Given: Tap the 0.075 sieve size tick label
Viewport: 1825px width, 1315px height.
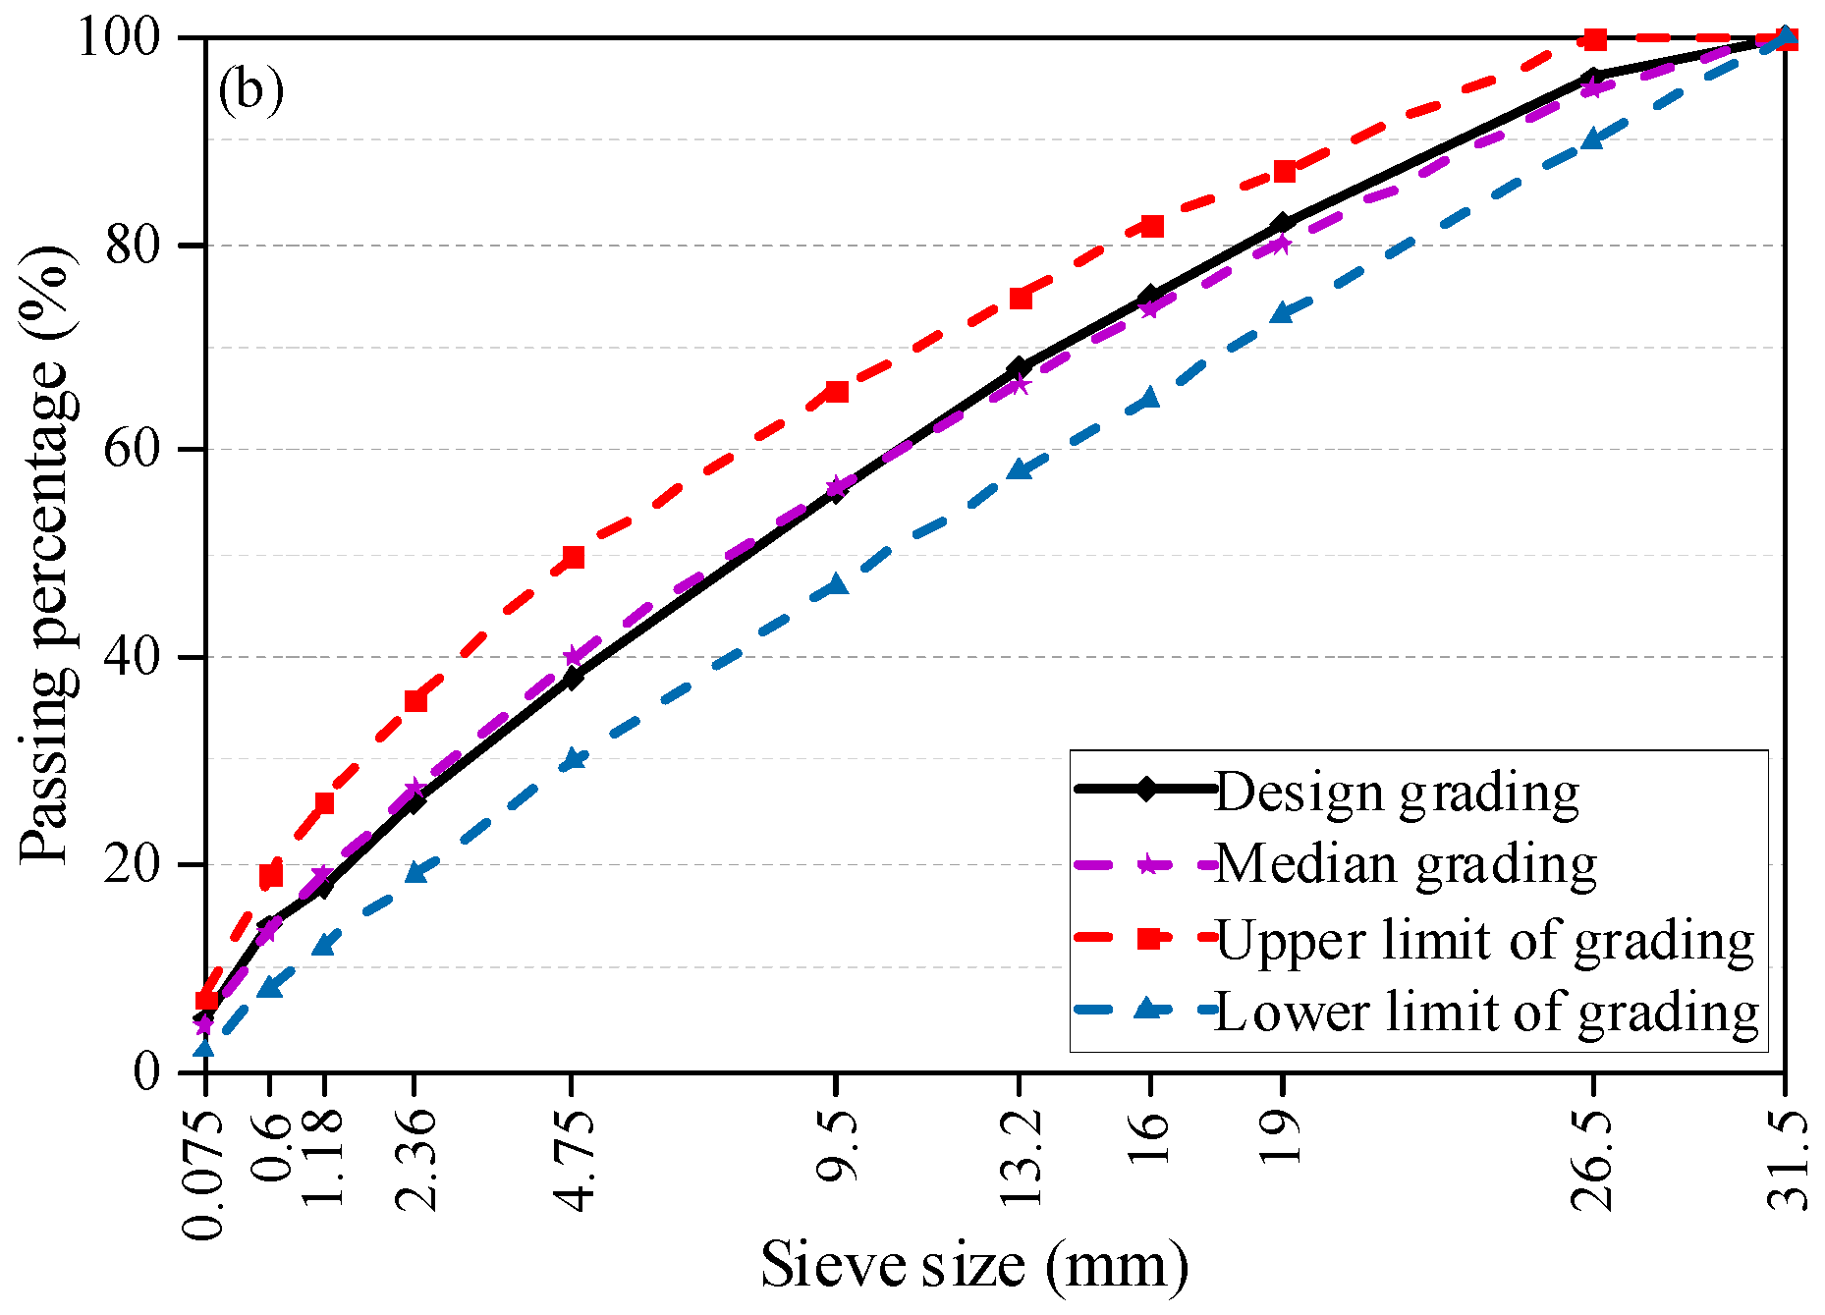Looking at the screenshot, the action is coord(203,1175).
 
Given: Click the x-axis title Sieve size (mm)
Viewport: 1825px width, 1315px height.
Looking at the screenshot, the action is coord(974,1265).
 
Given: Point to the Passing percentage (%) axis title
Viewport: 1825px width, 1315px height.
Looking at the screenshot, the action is coord(47,555).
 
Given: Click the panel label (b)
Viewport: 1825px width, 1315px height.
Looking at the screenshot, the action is coord(251,90).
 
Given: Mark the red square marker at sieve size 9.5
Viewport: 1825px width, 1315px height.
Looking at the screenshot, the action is coord(837,391).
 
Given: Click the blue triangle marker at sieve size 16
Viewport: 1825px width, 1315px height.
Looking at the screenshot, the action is coord(1150,398).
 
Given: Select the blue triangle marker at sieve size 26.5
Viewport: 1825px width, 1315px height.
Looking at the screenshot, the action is coord(1593,138).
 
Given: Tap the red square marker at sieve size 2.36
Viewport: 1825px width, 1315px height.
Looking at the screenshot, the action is coord(415,700).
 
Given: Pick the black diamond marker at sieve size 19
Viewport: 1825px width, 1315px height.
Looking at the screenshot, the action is coord(1282,224).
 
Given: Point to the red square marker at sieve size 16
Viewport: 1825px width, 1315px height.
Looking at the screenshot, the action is coord(1152,226).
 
